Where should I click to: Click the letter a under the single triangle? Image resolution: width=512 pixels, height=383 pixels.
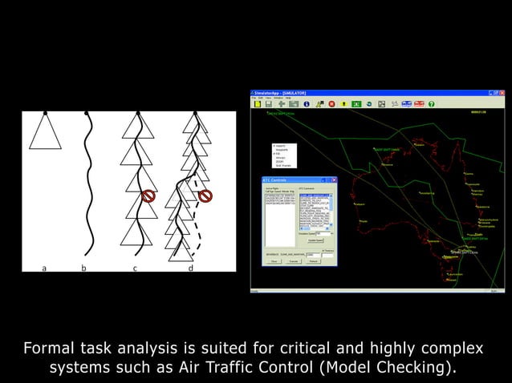point(44,268)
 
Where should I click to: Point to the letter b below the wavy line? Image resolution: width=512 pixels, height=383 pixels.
point(83,268)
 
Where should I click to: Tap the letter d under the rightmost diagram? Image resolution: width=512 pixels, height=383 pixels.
point(190,268)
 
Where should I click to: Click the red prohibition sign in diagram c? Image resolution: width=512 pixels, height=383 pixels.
point(148,196)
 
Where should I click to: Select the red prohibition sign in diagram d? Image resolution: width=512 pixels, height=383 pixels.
point(205,196)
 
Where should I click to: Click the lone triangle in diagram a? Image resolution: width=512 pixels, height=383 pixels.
point(45,131)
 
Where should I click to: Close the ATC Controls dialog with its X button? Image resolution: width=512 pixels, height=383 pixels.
point(334,180)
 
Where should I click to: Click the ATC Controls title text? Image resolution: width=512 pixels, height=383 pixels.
point(277,180)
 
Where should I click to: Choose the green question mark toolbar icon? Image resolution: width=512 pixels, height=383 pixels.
point(431,104)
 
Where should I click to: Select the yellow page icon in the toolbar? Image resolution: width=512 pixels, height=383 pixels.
point(257,104)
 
